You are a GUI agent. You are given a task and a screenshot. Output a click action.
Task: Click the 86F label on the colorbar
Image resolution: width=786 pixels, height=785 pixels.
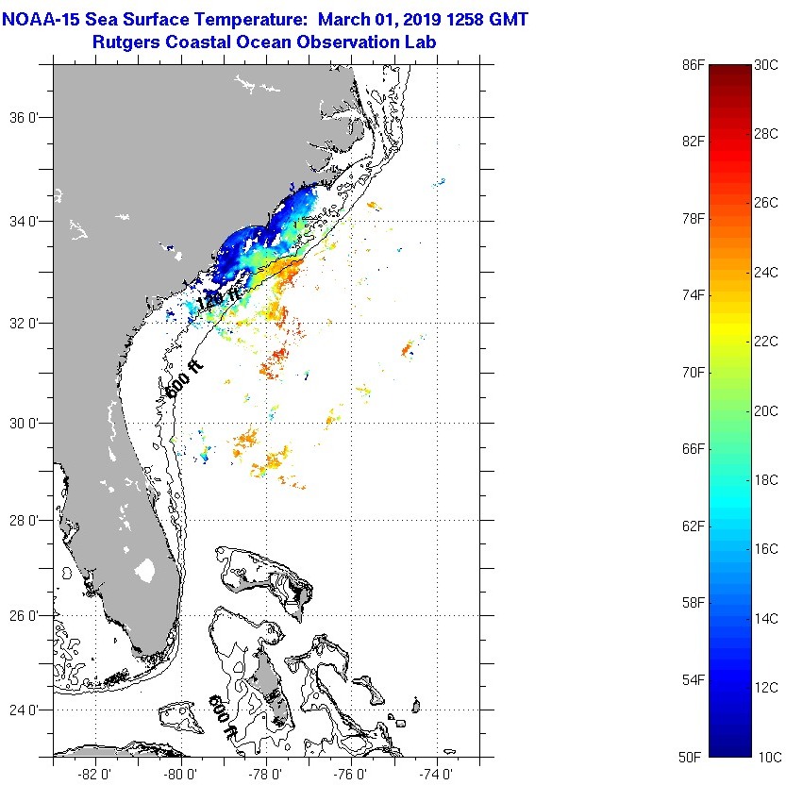694,65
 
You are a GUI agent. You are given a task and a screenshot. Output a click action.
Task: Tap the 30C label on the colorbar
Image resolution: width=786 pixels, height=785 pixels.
766,65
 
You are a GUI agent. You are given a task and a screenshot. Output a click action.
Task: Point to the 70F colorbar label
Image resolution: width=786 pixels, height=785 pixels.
694,372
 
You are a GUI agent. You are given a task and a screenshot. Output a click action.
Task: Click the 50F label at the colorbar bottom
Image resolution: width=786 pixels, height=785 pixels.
694,757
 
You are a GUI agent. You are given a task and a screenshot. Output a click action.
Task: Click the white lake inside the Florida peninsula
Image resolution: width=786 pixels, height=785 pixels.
144,571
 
